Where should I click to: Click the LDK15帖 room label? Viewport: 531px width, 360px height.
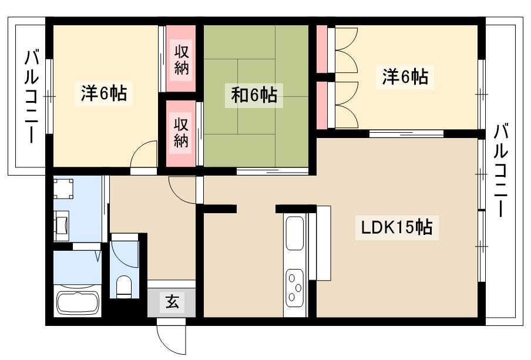[x=396, y=228]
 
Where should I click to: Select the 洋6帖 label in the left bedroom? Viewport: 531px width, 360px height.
[x=103, y=93]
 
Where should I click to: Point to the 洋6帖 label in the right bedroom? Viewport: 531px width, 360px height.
[x=405, y=76]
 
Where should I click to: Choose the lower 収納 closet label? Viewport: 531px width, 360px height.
[x=181, y=132]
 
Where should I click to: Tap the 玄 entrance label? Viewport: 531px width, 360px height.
[x=172, y=301]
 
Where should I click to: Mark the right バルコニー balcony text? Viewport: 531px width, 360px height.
[x=500, y=170]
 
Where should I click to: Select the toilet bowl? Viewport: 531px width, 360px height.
[x=123, y=287]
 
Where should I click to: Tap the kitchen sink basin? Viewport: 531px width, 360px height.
[x=294, y=233]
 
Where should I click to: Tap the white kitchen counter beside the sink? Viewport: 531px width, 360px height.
[x=320, y=243]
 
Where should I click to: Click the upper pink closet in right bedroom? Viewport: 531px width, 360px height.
[x=322, y=49]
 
